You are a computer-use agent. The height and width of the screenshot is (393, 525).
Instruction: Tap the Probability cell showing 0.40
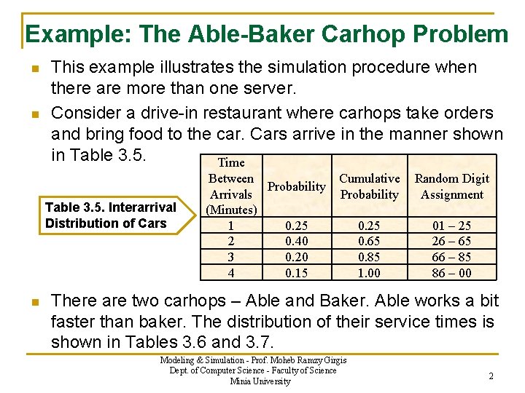(296, 242)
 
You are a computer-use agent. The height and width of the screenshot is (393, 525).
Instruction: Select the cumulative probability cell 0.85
(370, 258)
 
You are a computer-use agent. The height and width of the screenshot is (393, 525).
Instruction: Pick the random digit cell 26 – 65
(452, 242)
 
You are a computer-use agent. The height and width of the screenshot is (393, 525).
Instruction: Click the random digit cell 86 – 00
(452, 274)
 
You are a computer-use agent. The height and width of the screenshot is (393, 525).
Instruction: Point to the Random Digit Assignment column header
(452, 186)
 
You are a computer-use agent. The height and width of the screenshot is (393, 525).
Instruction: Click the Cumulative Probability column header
(370, 186)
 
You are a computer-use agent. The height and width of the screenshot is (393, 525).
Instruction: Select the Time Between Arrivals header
(231, 186)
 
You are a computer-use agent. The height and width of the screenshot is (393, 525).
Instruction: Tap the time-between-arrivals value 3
(231, 258)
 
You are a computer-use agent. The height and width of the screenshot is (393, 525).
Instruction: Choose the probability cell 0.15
(296, 274)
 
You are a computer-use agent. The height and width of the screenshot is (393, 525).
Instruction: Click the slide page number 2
(491, 376)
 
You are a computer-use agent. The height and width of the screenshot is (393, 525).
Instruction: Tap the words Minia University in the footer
(260, 381)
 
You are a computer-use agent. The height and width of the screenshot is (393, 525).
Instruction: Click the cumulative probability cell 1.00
(370, 274)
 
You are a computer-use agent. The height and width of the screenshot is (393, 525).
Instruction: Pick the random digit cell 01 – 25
(452, 226)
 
